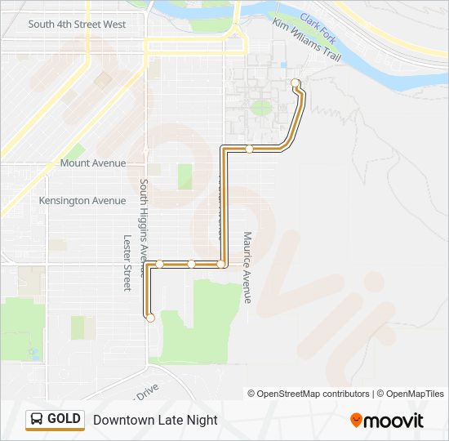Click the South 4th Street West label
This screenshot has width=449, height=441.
[77, 24]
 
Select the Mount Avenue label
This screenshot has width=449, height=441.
[93, 163]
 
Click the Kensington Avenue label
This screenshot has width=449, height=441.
[82, 201]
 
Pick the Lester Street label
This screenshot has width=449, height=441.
[127, 263]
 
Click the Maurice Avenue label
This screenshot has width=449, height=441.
[247, 267]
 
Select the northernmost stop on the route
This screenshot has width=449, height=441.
[295, 82]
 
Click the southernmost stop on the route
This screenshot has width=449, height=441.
[150, 318]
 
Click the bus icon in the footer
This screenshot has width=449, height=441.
[37, 420]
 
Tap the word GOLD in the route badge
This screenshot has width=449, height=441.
[64, 419]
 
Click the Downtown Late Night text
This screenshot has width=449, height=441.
[155, 420]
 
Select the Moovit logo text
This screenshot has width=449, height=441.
[394, 421]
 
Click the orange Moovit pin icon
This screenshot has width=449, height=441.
[357, 421]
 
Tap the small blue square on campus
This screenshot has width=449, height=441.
[282, 65]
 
